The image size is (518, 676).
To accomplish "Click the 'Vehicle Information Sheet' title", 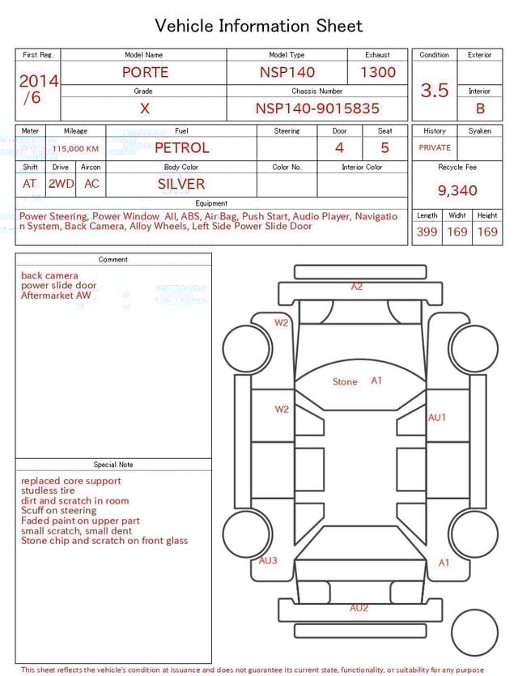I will point(258,26).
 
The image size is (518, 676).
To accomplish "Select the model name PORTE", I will point(145,72).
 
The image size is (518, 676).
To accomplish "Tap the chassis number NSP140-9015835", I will point(317,108).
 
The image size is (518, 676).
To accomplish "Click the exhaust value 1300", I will point(378,72).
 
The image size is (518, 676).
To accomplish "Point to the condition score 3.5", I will point(435,91).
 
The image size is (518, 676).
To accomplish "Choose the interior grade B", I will point(480,108).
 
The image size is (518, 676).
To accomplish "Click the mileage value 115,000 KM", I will point(75,149).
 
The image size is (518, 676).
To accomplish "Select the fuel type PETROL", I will point(181,148).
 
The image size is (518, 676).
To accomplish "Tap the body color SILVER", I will point(181,184).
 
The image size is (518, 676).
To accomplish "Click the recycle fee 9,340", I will point(457,191).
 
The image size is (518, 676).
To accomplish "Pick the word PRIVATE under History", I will point(435,148).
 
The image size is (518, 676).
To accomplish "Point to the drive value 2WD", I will point(61,184).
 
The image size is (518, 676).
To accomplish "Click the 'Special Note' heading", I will point(113,465).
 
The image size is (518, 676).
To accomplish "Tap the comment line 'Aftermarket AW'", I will point(56,295).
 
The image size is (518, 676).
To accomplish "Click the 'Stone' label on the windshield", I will point(345,381).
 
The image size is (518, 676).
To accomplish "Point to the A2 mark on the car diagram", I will point(357,287).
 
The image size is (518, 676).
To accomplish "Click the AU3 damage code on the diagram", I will point(268,560).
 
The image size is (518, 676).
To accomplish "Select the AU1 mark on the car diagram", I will point(437,418).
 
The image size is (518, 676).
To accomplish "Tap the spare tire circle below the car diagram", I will point(474,632).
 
